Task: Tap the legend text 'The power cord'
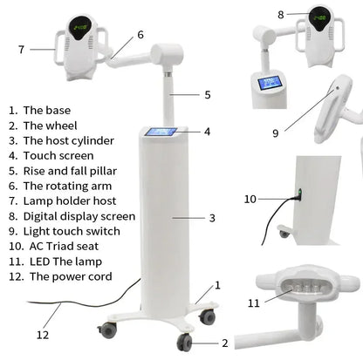coord(70,276)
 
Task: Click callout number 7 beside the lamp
coord(21,50)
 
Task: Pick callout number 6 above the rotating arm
coord(140,36)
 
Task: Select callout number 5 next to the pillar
coord(208,94)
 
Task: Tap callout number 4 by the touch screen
coord(208,132)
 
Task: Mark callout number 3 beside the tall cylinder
coord(212,217)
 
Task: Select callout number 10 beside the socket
coord(250,200)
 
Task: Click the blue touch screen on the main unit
coord(161,132)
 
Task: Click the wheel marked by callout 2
coord(185,341)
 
